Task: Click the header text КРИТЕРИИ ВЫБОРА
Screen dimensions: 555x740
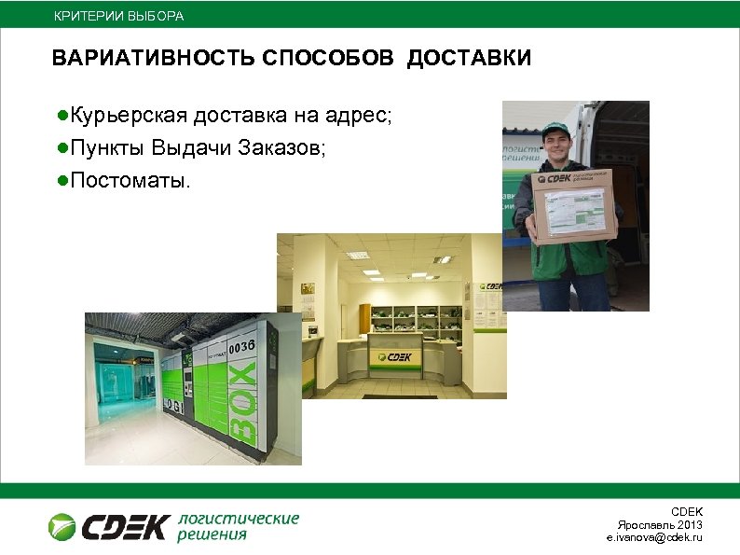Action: click(x=118, y=17)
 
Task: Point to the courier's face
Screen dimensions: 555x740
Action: click(x=558, y=146)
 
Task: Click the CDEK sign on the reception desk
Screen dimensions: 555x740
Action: click(x=391, y=356)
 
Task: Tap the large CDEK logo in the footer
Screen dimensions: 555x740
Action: click(x=124, y=527)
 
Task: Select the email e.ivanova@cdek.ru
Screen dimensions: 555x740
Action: click(x=654, y=538)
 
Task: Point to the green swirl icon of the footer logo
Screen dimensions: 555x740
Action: click(x=63, y=527)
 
